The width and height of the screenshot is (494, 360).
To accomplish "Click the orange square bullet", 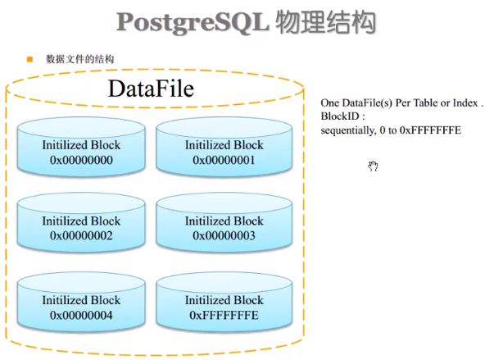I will [29, 59].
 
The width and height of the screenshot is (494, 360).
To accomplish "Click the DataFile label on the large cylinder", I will [151, 88].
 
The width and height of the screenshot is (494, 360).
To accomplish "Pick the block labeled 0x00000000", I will [81, 153].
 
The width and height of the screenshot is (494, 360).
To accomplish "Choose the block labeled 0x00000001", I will [224, 153].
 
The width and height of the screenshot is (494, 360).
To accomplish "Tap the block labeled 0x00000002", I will [81, 229].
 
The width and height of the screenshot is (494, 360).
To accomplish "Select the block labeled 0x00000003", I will [224, 229].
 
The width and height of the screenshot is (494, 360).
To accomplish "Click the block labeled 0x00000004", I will [81, 308].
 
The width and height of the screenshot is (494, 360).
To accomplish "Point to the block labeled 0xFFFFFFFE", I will [224, 308].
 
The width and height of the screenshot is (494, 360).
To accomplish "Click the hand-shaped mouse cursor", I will [373, 167].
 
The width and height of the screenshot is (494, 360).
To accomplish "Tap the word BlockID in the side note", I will [340, 117].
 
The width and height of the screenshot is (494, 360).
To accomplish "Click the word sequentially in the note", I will [349, 130].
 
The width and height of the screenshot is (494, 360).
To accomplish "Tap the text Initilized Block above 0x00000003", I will [224, 221].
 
